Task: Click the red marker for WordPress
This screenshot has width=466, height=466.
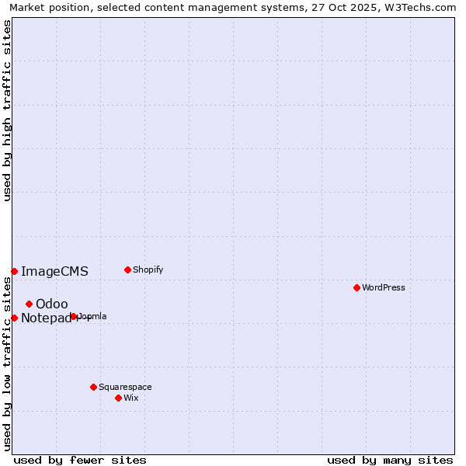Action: (356, 287)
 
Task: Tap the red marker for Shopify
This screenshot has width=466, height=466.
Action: (127, 270)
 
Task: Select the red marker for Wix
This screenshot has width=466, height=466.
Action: (118, 398)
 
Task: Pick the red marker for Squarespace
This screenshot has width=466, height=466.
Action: (93, 387)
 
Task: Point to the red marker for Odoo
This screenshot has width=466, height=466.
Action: (29, 304)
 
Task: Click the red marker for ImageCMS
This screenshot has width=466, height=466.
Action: (14, 271)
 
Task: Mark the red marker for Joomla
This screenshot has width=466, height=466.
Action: (74, 316)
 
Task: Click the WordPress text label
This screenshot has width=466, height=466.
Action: (384, 287)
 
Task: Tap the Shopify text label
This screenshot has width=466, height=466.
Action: (148, 270)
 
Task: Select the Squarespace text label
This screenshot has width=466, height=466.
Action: (125, 387)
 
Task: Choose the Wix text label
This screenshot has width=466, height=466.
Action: (131, 398)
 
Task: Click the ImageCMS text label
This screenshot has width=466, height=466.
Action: (54, 271)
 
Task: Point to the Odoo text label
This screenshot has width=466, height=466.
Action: (52, 304)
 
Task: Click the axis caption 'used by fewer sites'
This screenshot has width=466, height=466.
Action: (80, 460)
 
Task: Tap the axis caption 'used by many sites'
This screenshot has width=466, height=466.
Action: (390, 460)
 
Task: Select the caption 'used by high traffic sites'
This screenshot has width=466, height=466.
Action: (7, 110)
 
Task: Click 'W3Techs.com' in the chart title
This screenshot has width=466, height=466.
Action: (423, 7)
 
